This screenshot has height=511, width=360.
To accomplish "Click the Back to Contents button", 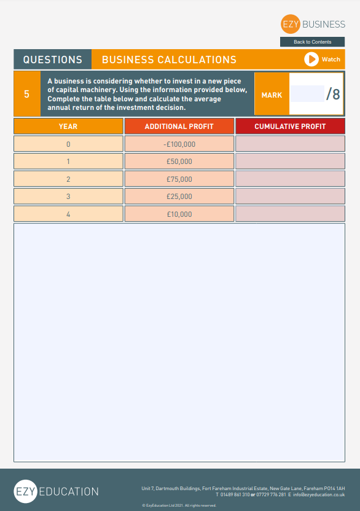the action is pyautogui.click(x=312, y=42).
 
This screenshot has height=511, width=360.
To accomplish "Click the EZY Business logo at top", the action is pyautogui.click(x=313, y=24).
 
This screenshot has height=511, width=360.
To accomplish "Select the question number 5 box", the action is pyautogui.click(x=26, y=94).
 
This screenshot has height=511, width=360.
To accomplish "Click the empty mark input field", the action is pyautogui.click(x=307, y=94).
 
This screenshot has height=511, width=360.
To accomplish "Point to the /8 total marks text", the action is pyautogui.click(x=332, y=94).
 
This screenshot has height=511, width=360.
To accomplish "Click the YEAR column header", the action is pyautogui.click(x=68, y=126).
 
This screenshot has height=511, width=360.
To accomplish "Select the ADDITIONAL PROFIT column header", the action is pyautogui.click(x=179, y=126).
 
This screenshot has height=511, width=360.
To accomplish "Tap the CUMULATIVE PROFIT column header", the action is pyautogui.click(x=290, y=126).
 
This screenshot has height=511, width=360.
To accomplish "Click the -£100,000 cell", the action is pyautogui.click(x=179, y=144).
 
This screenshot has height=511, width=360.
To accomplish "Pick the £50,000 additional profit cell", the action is pyautogui.click(x=179, y=162).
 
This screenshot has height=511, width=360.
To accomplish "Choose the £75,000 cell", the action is pyautogui.click(x=179, y=179).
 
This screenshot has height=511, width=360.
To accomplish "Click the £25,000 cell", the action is pyautogui.click(x=179, y=197).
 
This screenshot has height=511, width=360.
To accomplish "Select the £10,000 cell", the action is pyautogui.click(x=179, y=214).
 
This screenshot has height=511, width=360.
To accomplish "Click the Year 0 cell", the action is pyautogui.click(x=68, y=144).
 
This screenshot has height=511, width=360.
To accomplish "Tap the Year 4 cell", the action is pyautogui.click(x=68, y=214).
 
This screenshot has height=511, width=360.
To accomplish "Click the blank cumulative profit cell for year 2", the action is pyautogui.click(x=290, y=179).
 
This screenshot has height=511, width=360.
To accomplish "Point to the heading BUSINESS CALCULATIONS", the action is pyautogui.click(x=169, y=60).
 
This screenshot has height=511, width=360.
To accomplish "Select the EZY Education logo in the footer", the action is pyautogui.click(x=56, y=491).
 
